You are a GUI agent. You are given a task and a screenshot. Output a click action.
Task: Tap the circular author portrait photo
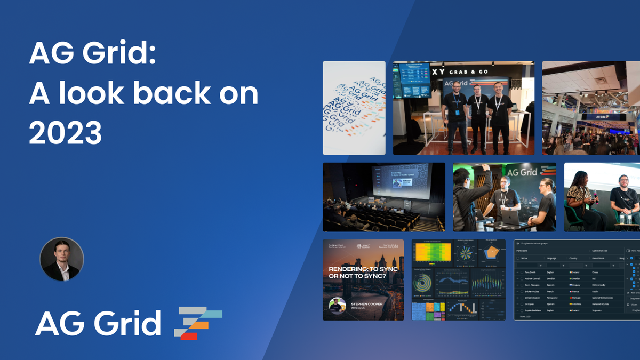[x=62, y=259]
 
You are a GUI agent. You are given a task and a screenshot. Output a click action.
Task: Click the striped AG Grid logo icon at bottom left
[x=198, y=323]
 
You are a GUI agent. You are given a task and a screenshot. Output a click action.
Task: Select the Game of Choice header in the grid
[x=603, y=250]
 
